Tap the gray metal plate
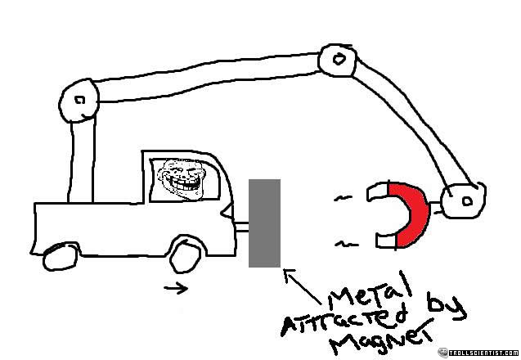pyautogui.click(x=264, y=223)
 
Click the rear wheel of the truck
pyautogui.click(x=58, y=258)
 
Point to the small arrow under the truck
pyautogui.click(x=175, y=287)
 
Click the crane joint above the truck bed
pyautogui.click(x=79, y=100)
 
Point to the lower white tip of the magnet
pyautogui.click(x=385, y=241)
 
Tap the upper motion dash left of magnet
pyautogui.click(x=344, y=198)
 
